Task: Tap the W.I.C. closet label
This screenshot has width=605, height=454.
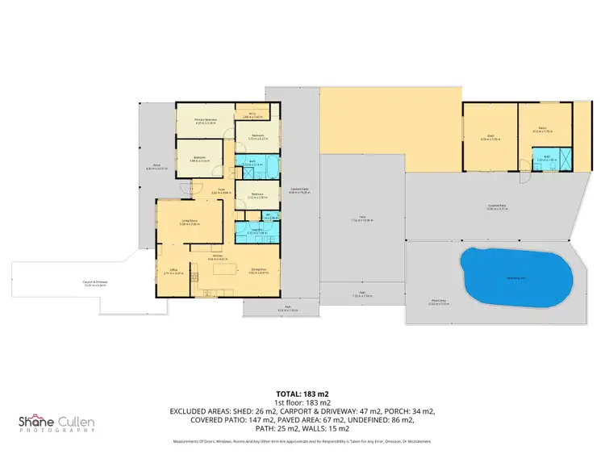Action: (252, 115)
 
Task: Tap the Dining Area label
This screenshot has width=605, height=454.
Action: (259, 270)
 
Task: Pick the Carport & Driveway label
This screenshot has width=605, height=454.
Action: (94, 282)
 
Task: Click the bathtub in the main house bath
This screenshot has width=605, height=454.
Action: (269, 171)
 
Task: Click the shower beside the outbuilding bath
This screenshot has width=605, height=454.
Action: (563, 162)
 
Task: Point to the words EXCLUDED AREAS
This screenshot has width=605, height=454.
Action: (199, 411)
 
